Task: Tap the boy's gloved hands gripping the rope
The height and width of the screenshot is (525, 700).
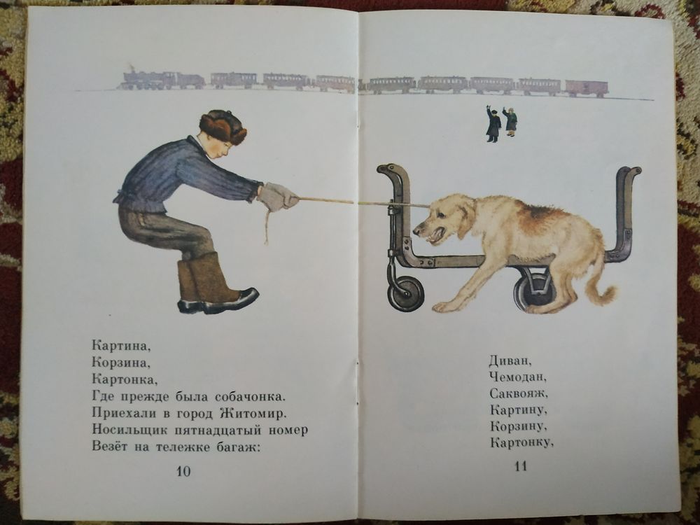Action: click(x=276, y=197)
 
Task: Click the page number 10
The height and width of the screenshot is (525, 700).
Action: click(x=183, y=471)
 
